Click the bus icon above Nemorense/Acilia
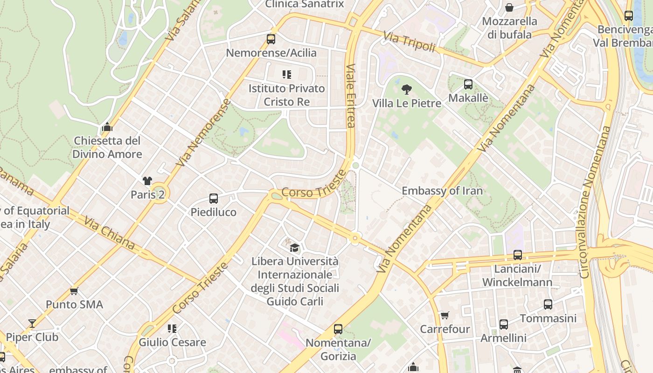pyautogui.click(x=271, y=39)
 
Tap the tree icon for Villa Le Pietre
pyautogui.click(x=407, y=90)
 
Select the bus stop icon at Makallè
pyautogui.click(x=468, y=84)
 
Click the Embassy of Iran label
pyautogui.click(x=442, y=191)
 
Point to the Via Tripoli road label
pyautogui.click(x=409, y=42)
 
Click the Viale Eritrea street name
pyautogui.click(x=351, y=95)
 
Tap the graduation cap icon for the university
pyautogui.click(x=294, y=247)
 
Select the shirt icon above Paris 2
pyautogui.click(x=147, y=181)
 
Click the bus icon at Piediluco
pyautogui.click(x=214, y=199)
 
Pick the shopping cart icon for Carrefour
pyautogui.click(x=445, y=316)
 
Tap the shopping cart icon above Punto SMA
pyautogui.click(x=74, y=291)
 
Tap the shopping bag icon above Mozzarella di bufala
pyautogui.click(x=509, y=8)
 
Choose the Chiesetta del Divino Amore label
pyautogui.click(x=107, y=147)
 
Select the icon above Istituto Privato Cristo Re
pyautogui.click(x=286, y=75)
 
